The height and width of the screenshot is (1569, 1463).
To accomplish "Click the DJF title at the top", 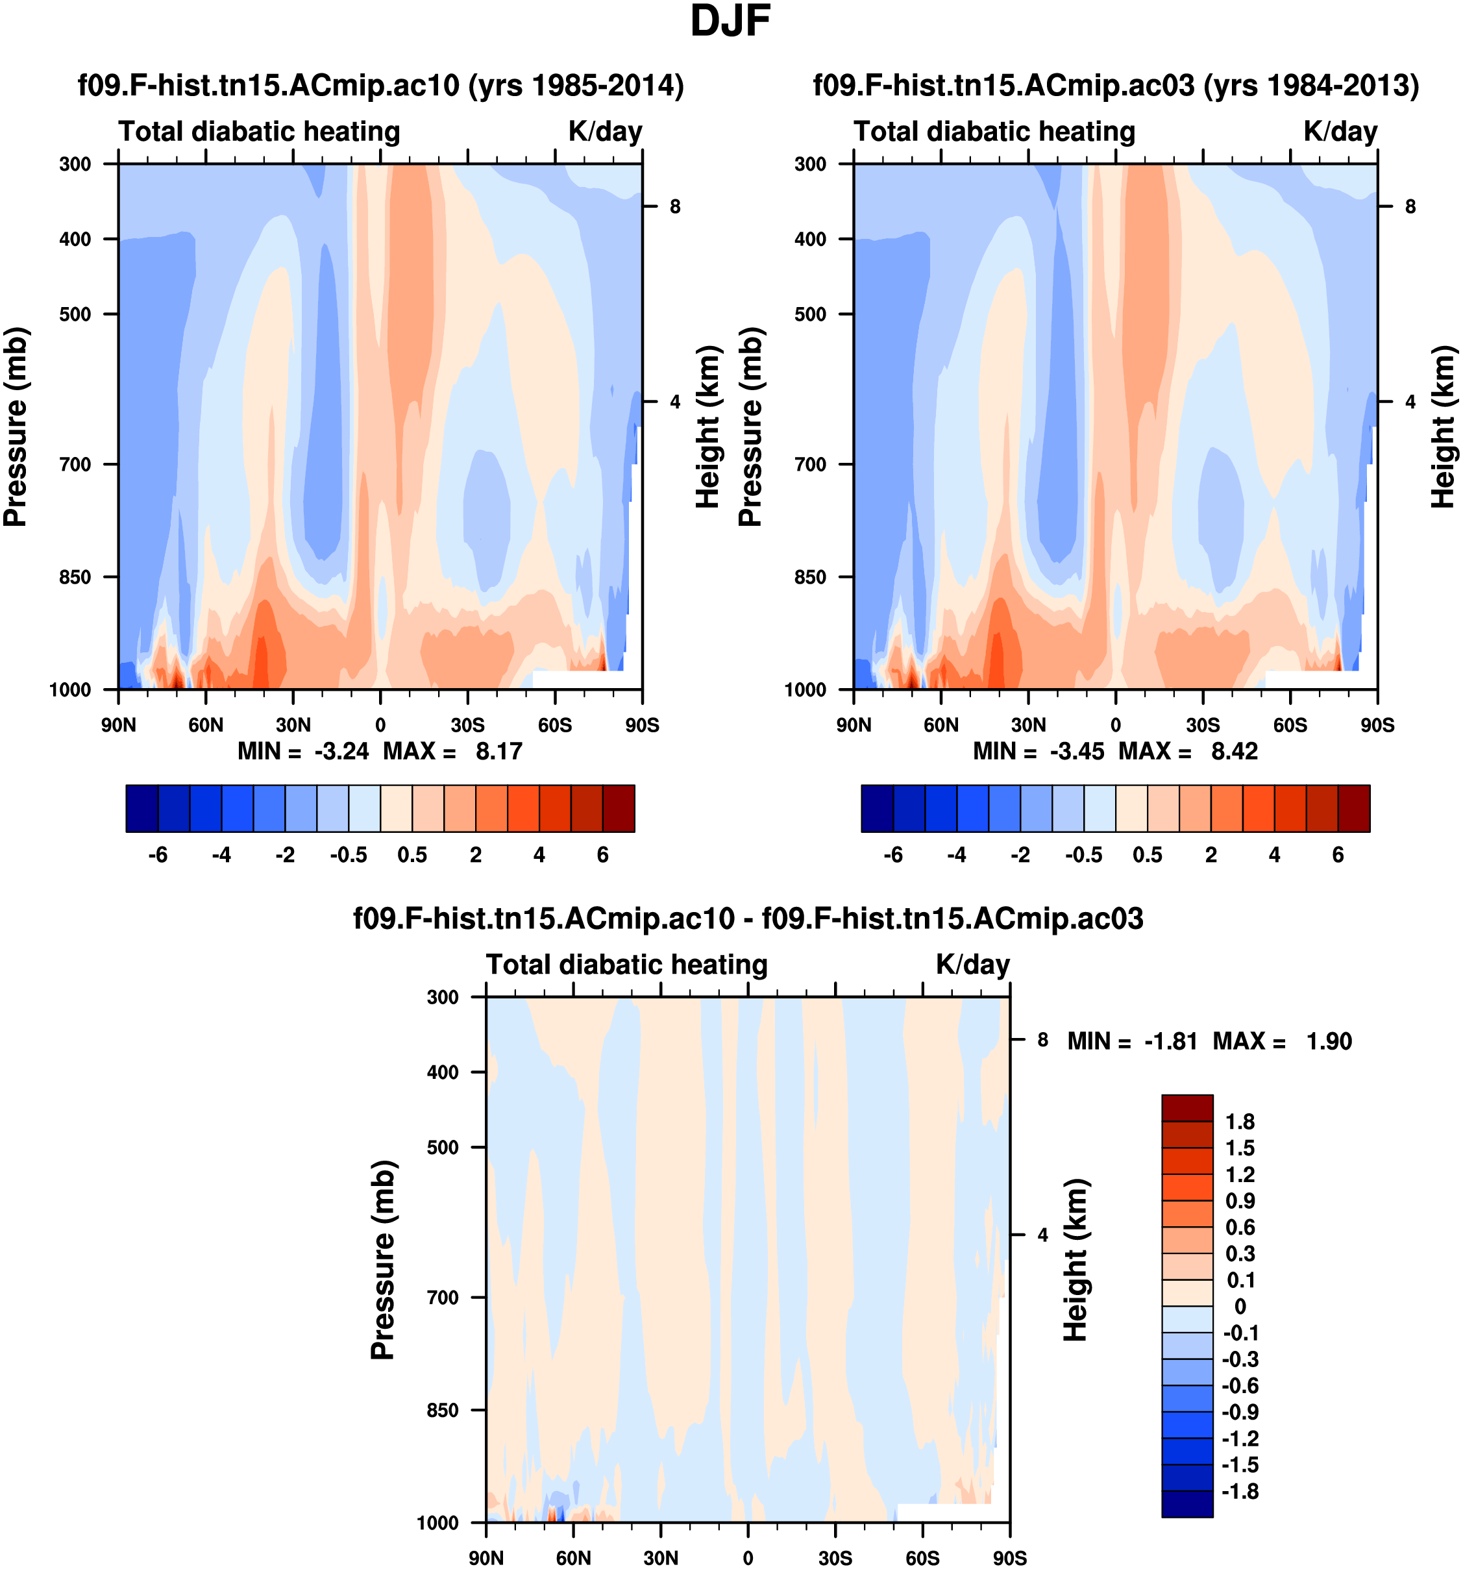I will (x=730, y=21).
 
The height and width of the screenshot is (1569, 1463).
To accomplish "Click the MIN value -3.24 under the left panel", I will (x=341, y=750).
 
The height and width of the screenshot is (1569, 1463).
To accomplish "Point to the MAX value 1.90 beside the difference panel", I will (x=1329, y=1041).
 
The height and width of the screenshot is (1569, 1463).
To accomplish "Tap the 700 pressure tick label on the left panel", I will (x=76, y=464).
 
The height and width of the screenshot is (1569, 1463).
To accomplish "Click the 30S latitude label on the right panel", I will (x=1203, y=724).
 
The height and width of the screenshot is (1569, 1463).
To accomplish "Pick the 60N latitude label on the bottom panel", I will (x=573, y=1558).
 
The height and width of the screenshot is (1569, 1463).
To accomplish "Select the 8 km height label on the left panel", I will (x=674, y=207).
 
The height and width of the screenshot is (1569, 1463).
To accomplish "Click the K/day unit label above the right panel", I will (x=1340, y=131).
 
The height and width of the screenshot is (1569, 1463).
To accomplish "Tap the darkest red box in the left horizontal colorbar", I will (x=619, y=808).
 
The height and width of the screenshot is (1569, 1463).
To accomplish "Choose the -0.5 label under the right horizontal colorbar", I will (x=1083, y=855).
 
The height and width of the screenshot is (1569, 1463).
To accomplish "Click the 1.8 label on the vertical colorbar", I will (x=1240, y=1122).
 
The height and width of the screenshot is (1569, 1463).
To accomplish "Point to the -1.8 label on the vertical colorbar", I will (x=1240, y=1492).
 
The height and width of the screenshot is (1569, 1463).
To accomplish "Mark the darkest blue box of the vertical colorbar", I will (x=1186, y=1503).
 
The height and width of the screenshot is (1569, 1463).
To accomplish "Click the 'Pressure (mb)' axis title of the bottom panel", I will (x=383, y=1259).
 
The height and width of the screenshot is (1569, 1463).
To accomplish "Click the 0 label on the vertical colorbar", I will (x=1240, y=1306).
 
